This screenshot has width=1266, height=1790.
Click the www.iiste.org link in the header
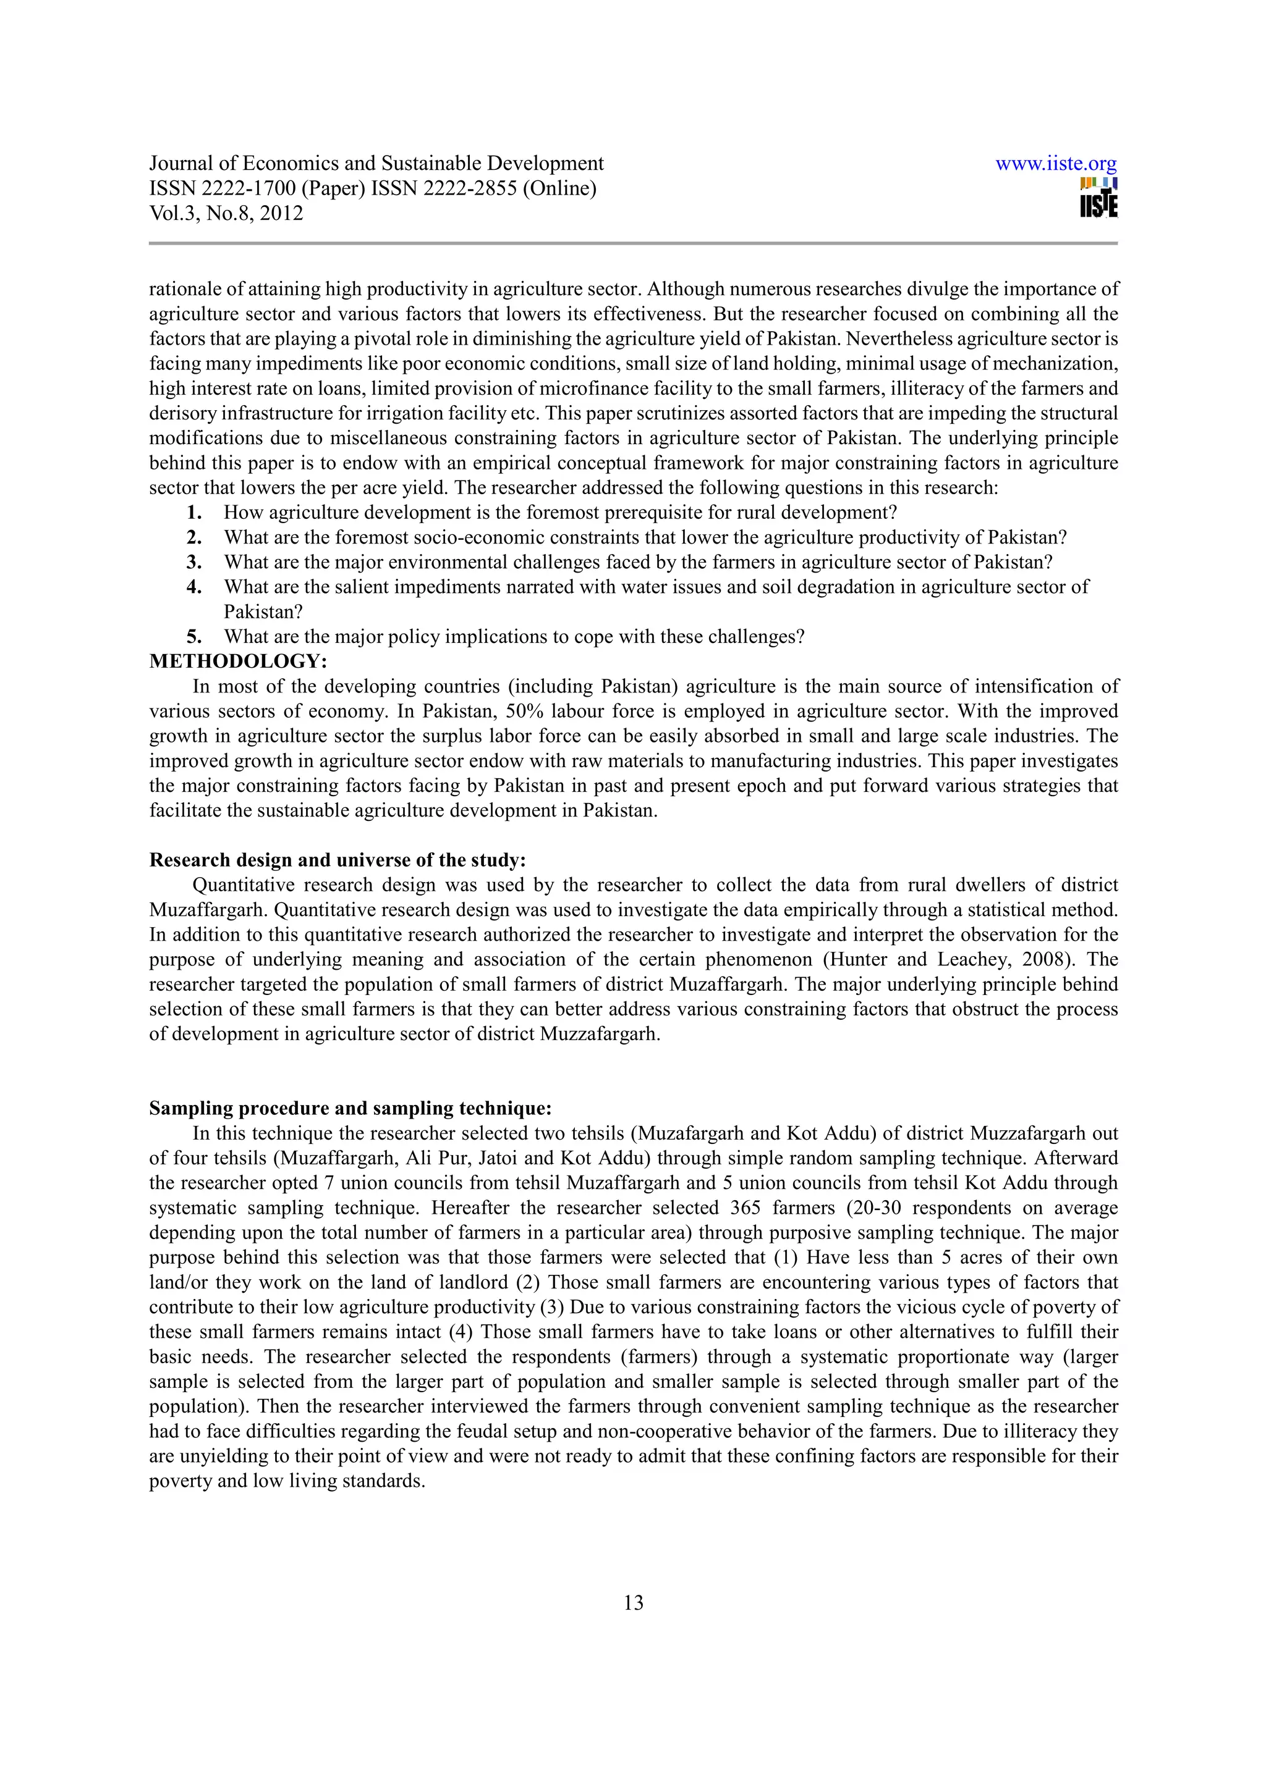coord(1056,164)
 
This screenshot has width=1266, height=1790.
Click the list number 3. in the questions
coord(195,561)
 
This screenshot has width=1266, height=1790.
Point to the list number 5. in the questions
coord(195,636)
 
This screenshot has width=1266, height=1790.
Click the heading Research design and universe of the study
coord(338,860)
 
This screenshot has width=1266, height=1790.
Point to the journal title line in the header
coord(376,164)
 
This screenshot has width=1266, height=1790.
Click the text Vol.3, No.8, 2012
coord(226,213)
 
